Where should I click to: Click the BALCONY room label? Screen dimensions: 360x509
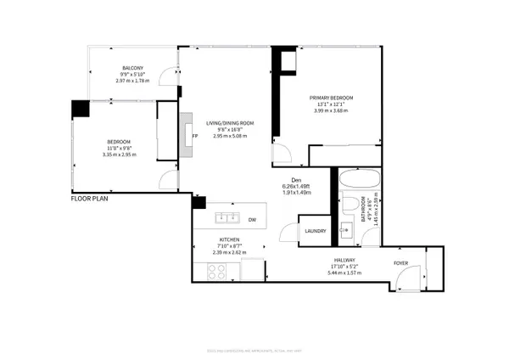pos(131,68)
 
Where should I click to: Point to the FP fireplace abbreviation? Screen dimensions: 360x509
pos(195,135)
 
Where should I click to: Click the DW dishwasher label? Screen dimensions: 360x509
pos(252,218)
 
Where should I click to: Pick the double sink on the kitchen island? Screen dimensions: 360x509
pos(227,217)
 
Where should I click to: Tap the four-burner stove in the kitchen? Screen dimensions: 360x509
pos(216,273)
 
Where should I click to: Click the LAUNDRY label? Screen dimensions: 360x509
pos(316,231)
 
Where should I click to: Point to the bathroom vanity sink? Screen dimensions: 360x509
pos(347,230)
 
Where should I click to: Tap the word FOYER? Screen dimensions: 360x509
pos(401,263)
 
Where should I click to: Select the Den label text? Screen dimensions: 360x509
pos(297,179)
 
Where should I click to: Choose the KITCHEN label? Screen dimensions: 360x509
pos(228,240)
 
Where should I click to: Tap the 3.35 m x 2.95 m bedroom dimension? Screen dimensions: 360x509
pos(119,155)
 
